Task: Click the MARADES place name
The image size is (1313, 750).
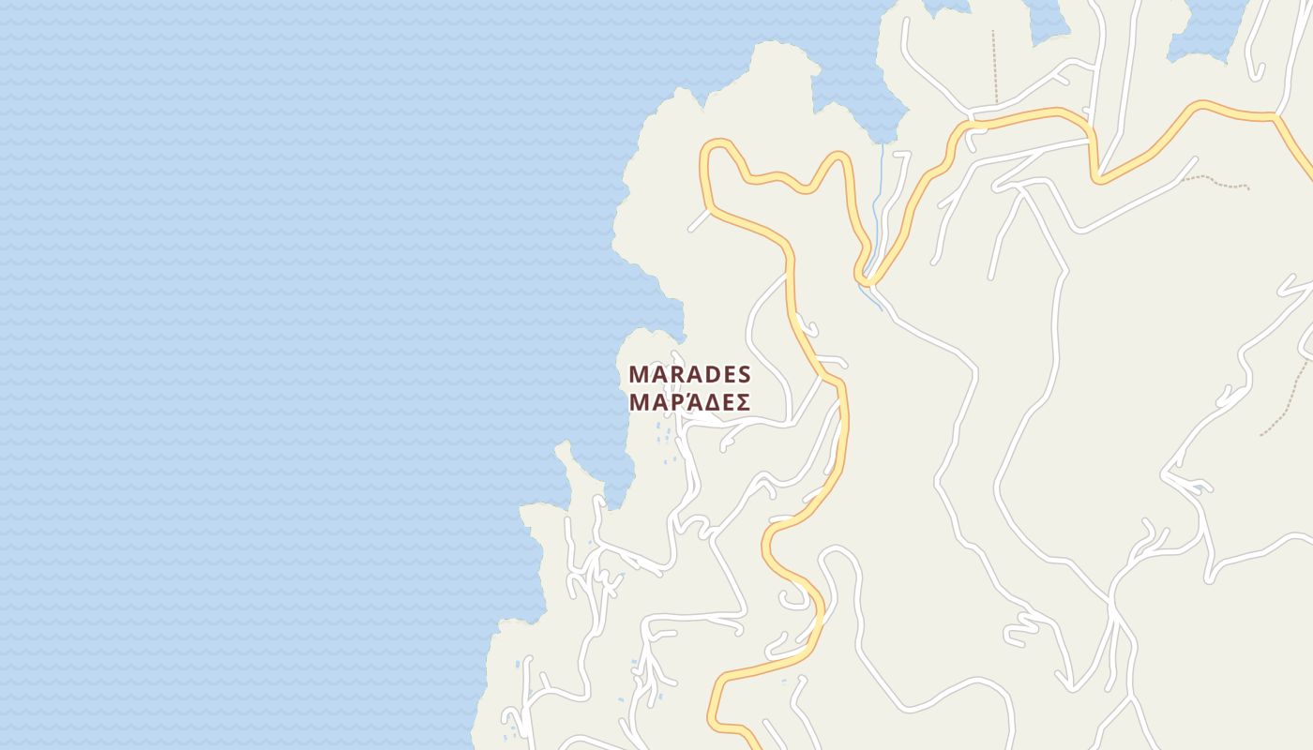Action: point(689,374)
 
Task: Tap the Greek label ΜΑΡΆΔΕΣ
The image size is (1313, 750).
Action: point(689,402)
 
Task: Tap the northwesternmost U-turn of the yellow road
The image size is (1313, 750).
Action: point(717,145)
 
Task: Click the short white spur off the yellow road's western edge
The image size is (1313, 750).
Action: point(699,221)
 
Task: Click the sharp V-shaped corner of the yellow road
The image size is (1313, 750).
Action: point(1097,178)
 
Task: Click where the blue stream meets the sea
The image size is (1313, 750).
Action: point(883,144)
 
